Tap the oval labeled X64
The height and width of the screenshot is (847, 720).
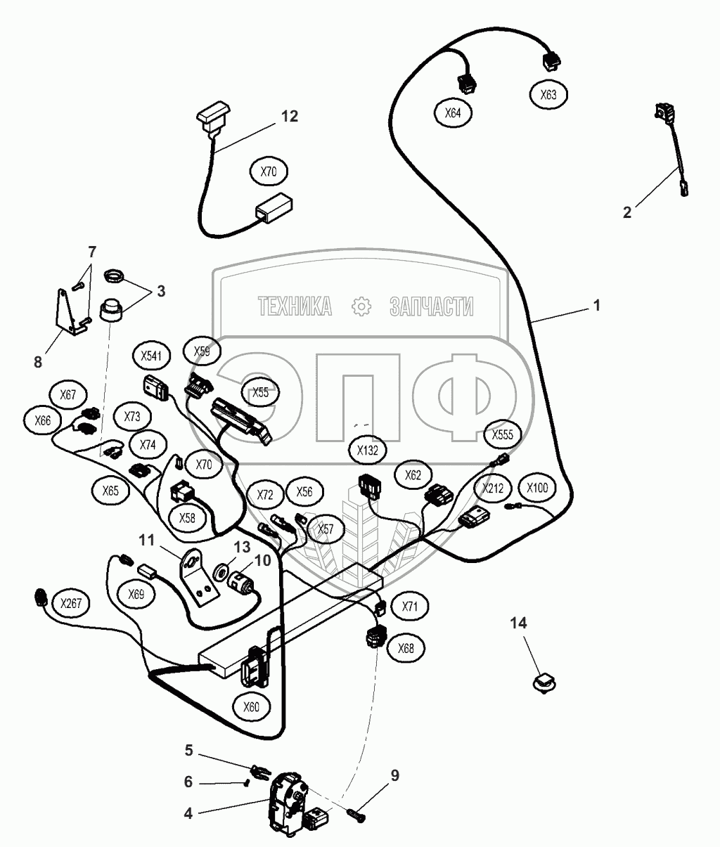click(x=454, y=112)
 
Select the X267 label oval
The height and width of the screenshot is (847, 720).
click(x=70, y=603)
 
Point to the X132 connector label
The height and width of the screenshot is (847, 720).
click(x=368, y=451)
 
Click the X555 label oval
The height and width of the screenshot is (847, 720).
click(x=502, y=434)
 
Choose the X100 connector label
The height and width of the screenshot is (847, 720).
click(x=536, y=488)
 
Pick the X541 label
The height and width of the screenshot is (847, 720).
click(x=151, y=356)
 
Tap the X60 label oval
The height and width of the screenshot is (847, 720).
click(x=250, y=707)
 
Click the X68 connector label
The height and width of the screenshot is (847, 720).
click(x=406, y=648)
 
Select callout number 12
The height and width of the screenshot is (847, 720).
click(x=290, y=116)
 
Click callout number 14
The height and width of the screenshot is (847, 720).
click(x=518, y=623)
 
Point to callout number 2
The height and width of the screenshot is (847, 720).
click(x=627, y=212)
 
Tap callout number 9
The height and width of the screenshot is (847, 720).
click(x=394, y=775)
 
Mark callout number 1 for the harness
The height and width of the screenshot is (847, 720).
click(x=596, y=306)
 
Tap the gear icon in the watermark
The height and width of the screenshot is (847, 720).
click(x=360, y=306)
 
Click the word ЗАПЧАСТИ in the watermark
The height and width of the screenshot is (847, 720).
click(x=430, y=306)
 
